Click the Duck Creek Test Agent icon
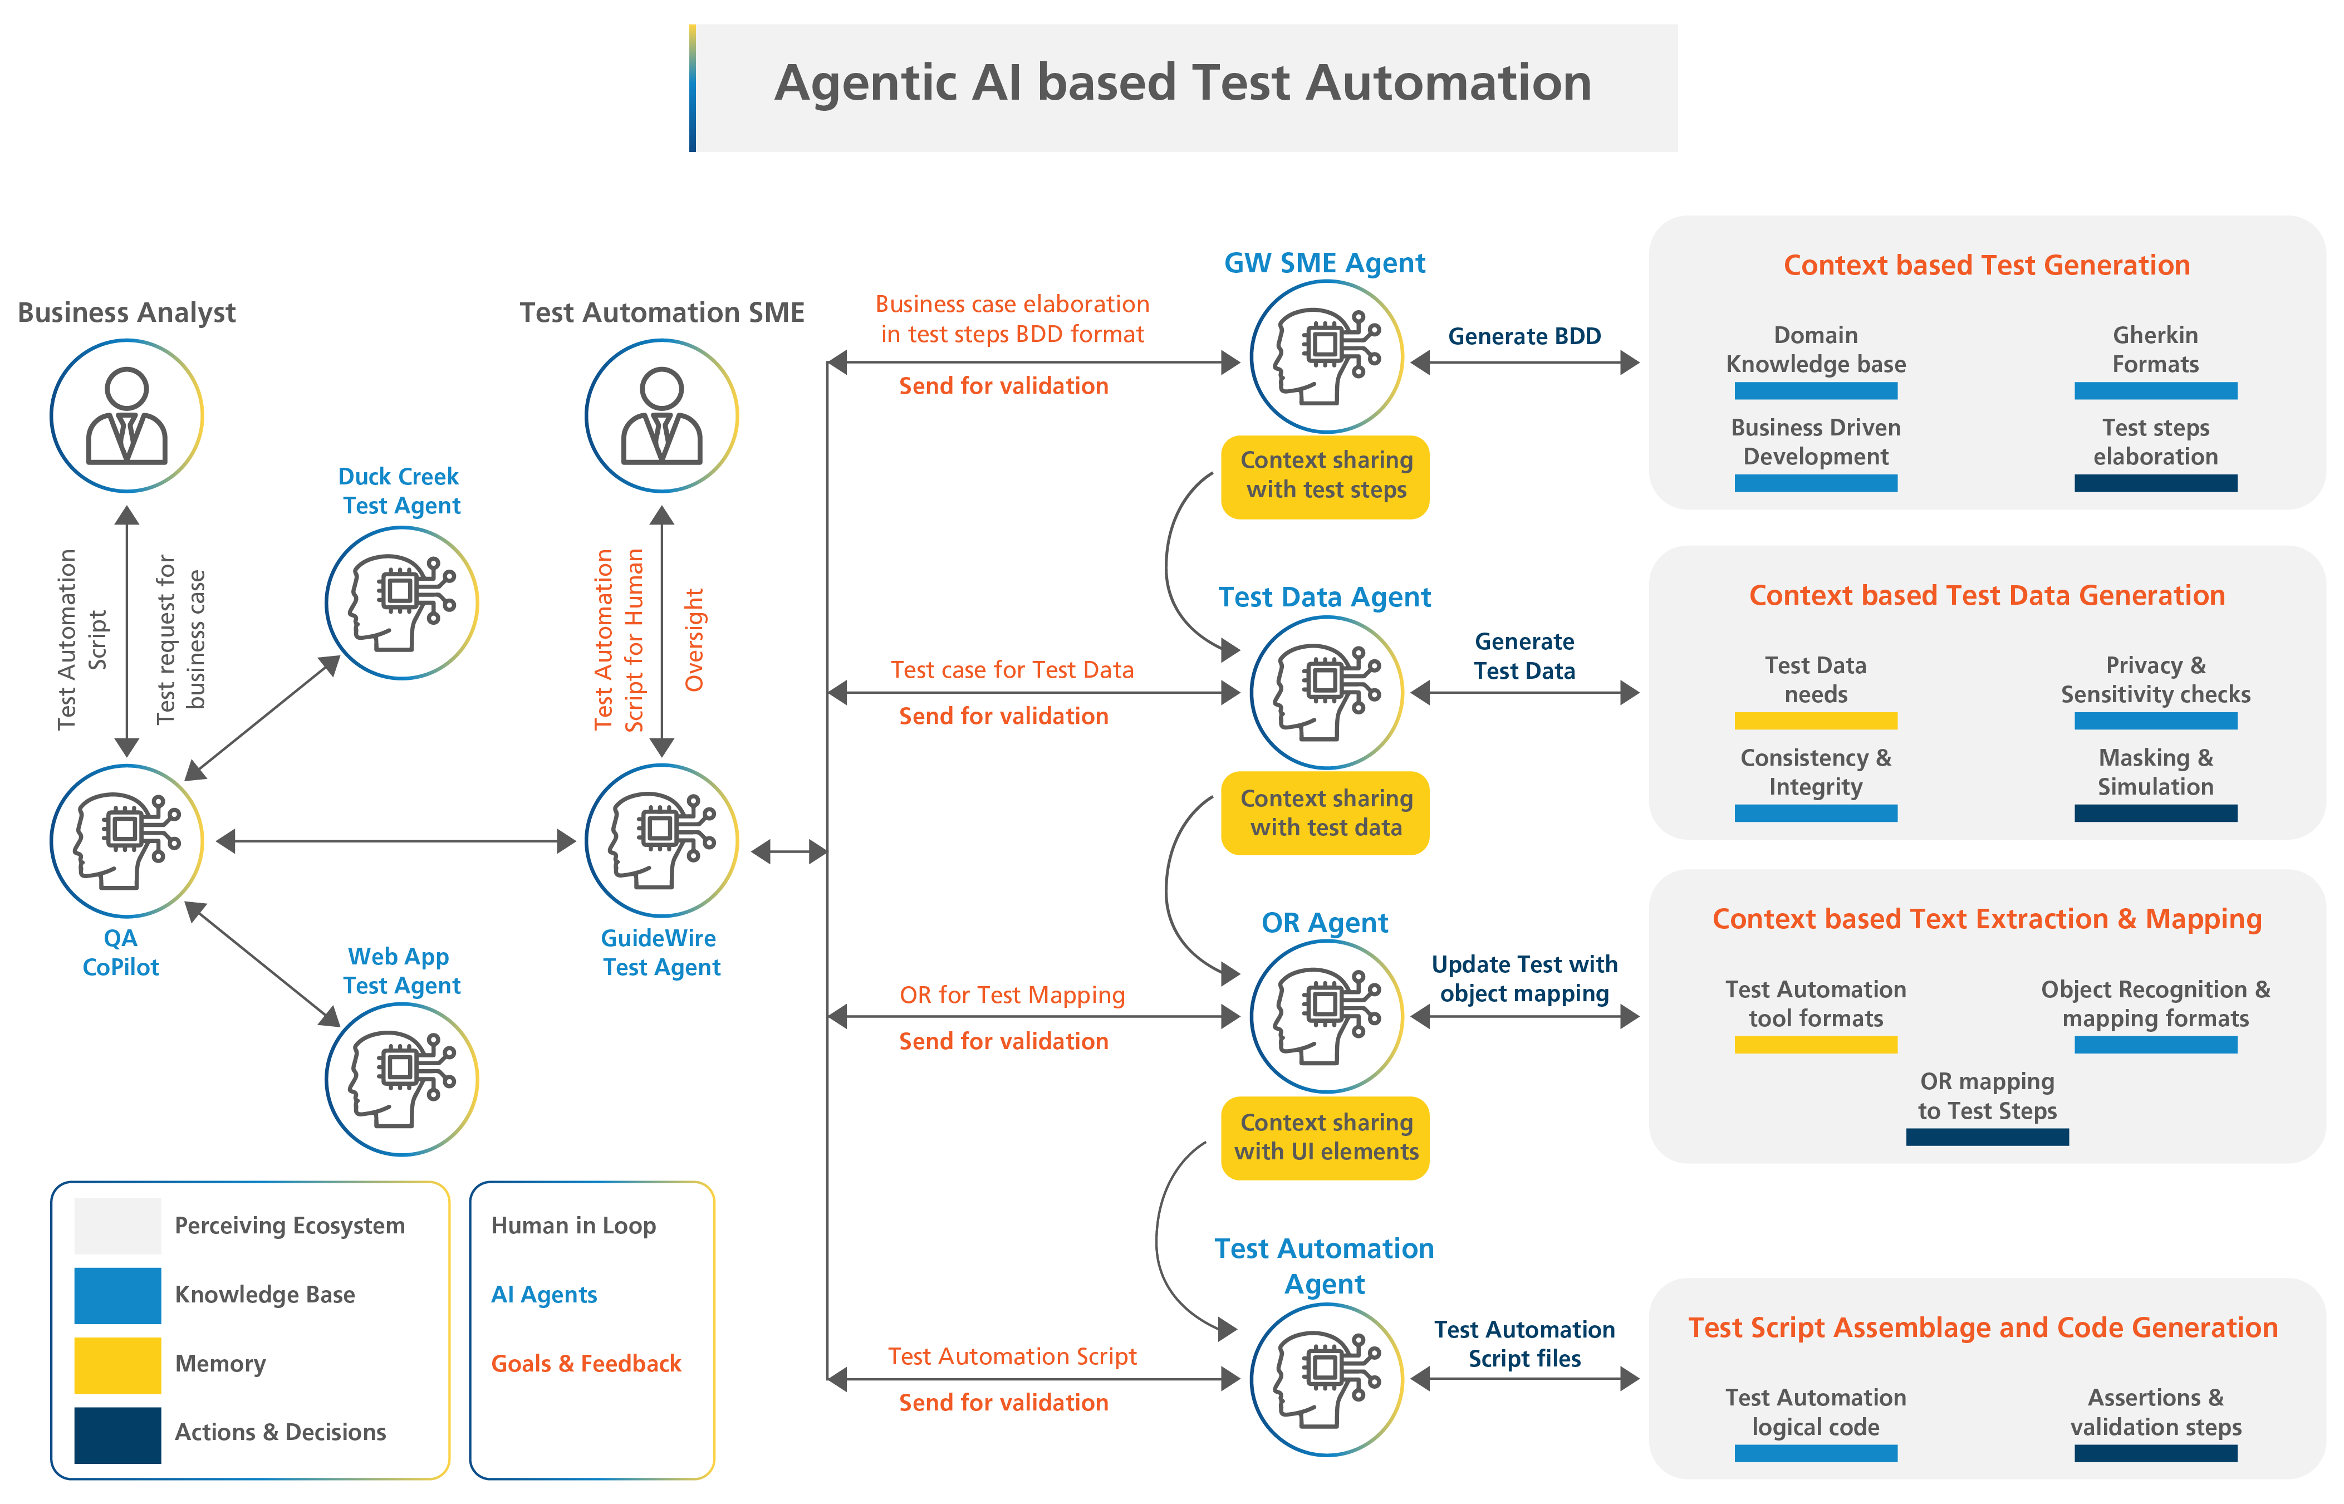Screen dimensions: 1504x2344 pyautogui.click(x=401, y=602)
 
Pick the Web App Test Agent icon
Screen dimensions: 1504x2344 pyautogui.click(x=401, y=1079)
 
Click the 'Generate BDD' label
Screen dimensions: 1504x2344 pyautogui.click(x=1524, y=336)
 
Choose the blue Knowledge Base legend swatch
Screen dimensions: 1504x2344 pyautogui.click(x=117, y=1295)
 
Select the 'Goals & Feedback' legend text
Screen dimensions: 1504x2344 pyautogui.click(x=586, y=1363)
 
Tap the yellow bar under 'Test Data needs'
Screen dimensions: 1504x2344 pyautogui.click(x=1815, y=721)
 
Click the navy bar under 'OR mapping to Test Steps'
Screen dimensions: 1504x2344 pyautogui.click(x=1987, y=1137)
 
